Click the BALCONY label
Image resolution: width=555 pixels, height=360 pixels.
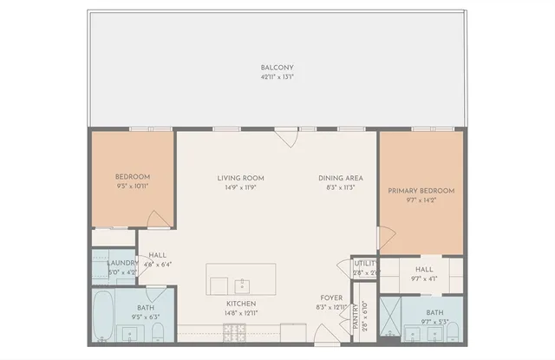pos(277,68)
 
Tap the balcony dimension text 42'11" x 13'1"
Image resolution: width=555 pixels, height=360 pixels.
pos(277,76)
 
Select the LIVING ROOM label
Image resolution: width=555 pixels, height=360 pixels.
pos(240,179)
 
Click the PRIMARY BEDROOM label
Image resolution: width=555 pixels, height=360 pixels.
pos(421,191)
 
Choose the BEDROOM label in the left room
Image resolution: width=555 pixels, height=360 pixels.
pos(133,177)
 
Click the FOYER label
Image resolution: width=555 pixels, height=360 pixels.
pos(332,298)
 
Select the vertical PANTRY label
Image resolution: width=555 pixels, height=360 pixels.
pos(356,316)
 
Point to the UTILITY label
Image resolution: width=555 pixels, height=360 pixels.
pos(364,263)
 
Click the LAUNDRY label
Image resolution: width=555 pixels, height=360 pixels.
pos(122,263)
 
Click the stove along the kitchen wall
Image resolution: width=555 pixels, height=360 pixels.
pos(235,330)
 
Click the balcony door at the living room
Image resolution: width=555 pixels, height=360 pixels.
pos(286,136)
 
